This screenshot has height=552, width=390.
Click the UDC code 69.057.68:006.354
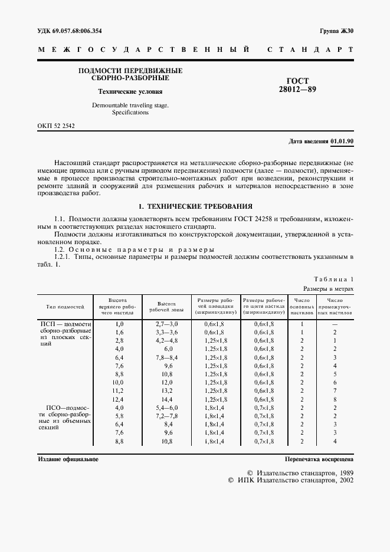[77, 30]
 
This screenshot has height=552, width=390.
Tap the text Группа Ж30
[336, 30]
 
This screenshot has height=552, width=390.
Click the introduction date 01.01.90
[342, 142]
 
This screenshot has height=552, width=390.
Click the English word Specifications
[130, 112]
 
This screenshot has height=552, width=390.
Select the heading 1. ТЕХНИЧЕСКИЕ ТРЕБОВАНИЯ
[195, 207]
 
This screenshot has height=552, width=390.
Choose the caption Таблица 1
[334, 279]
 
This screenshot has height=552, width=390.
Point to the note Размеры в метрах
[329, 288]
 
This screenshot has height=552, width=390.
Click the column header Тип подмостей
[65, 307]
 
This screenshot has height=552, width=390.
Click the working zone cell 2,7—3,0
[166, 324]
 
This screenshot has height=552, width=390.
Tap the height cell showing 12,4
[119, 399]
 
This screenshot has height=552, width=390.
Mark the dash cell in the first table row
[335, 324]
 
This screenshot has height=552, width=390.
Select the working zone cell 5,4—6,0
[166, 408]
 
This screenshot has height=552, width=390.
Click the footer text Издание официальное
[68, 458]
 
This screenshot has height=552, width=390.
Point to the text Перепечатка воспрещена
[319, 458]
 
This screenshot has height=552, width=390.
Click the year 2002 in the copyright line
[342, 481]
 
